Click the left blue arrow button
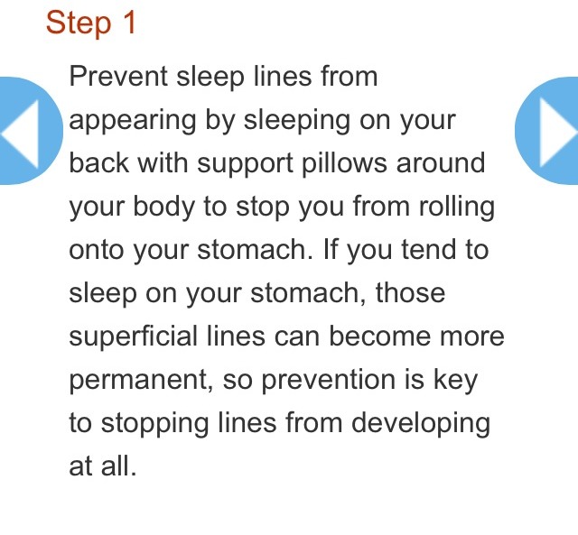tap(27, 131)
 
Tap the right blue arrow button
tap(549, 131)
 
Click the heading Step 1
tap(91, 23)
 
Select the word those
tap(410, 293)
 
